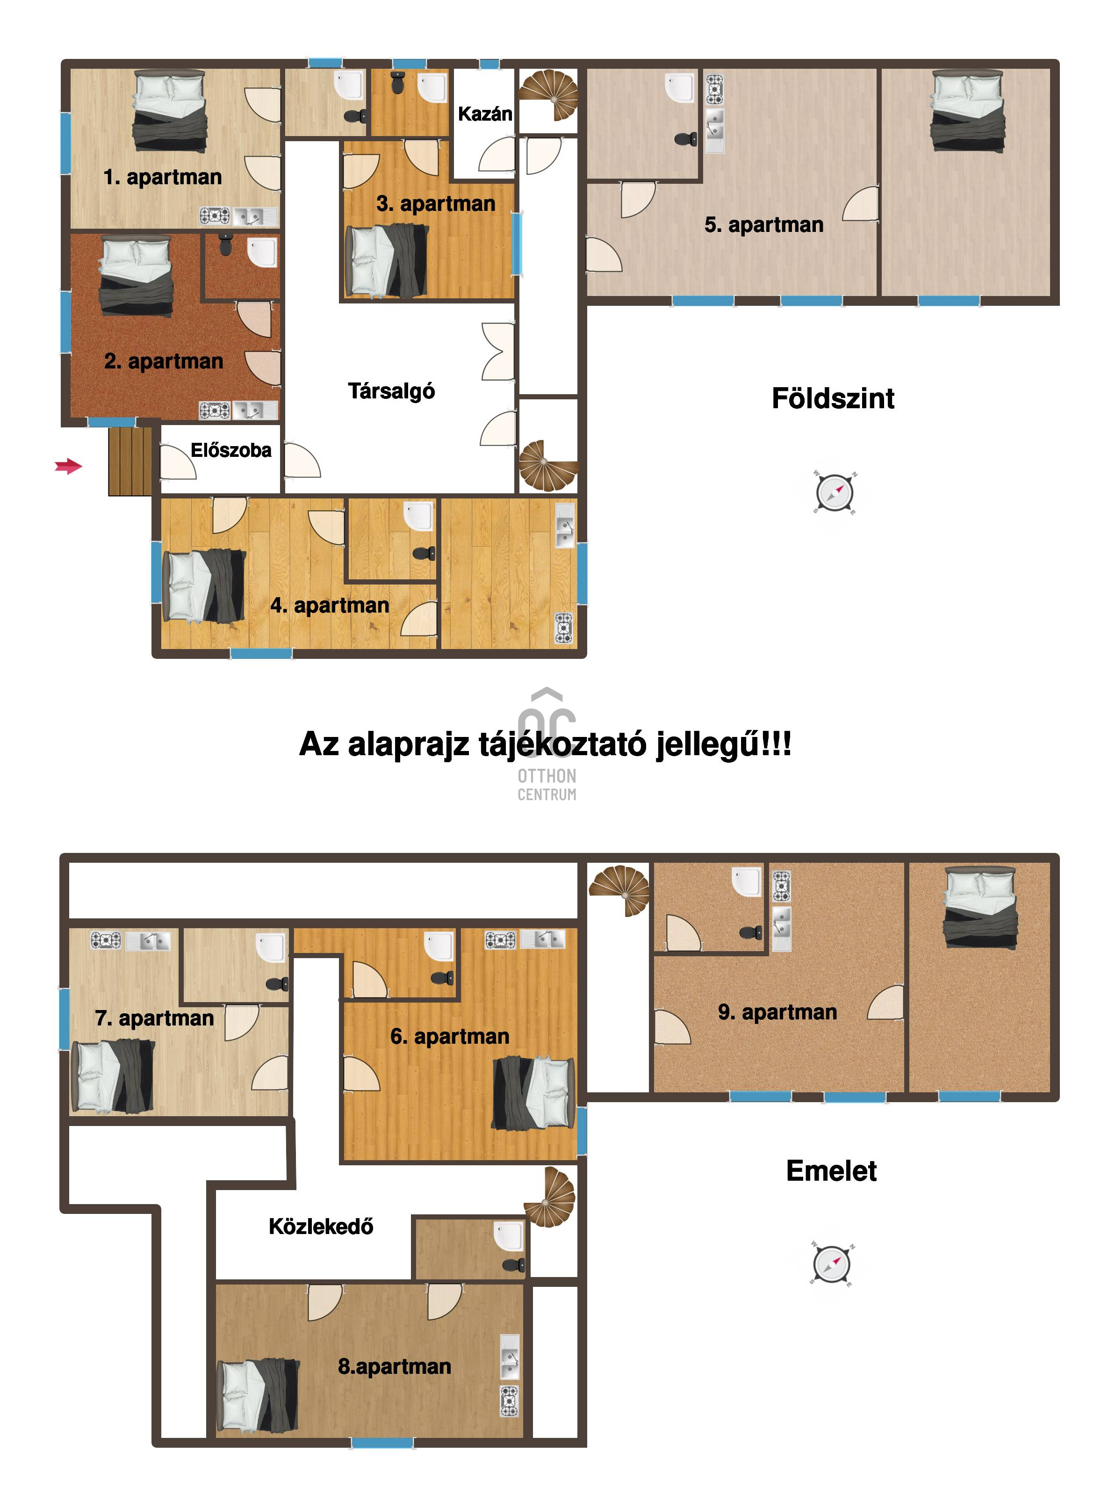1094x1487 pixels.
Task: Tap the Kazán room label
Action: click(485, 114)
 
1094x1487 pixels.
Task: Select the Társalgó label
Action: click(391, 391)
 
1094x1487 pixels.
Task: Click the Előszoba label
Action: click(231, 450)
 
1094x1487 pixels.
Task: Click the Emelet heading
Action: click(831, 1171)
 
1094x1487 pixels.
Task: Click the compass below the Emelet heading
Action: click(832, 1264)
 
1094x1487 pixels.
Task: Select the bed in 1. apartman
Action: click(170, 111)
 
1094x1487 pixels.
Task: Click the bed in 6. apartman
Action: click(534, 1094)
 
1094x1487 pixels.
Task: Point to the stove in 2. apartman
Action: click(215, 411)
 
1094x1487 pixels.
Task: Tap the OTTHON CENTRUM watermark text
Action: click(547, 785)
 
